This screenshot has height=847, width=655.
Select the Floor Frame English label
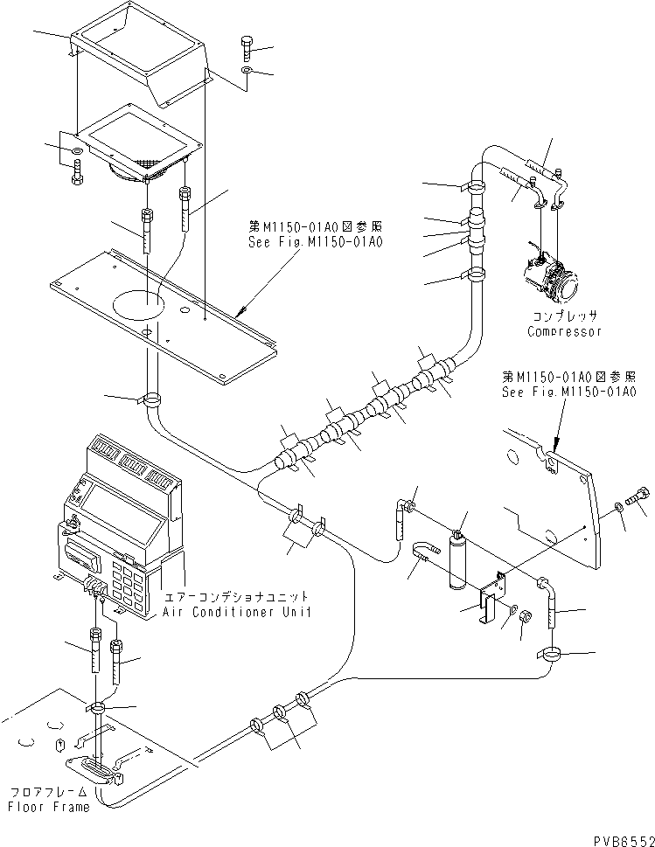tap(50, 807)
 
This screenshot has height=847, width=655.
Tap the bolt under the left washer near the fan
tap(76, 177)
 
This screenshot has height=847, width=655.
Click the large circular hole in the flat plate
tap(138, 305)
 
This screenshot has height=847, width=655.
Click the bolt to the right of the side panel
tap(640, 498)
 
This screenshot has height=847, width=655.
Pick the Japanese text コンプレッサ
tap(564, 316)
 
